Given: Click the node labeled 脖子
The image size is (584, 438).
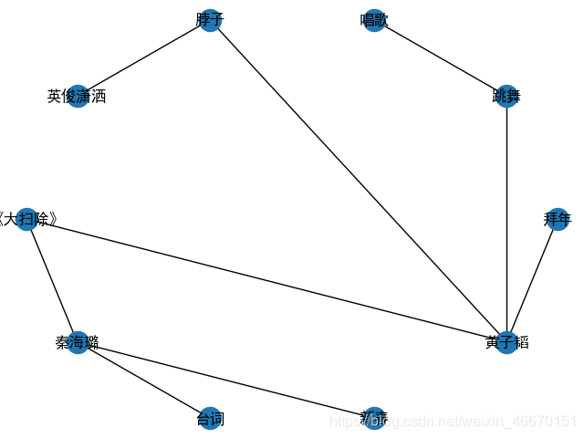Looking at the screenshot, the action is point(210,20).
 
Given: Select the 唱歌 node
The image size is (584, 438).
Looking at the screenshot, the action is point(374,20).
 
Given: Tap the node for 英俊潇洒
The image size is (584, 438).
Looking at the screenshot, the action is point(78,96).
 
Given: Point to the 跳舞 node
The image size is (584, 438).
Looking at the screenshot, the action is point(506,96).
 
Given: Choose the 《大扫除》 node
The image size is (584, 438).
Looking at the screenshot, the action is point(27,219).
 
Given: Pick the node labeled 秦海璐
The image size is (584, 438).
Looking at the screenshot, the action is point(78,343).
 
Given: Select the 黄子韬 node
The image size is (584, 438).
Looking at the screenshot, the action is point(506,343).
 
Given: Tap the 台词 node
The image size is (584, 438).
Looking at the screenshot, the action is point(210,419).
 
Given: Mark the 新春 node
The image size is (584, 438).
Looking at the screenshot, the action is point(374,419).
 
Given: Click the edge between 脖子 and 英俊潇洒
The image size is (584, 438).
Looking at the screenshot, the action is point(144,57).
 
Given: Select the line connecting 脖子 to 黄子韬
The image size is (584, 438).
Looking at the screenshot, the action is point(358,182).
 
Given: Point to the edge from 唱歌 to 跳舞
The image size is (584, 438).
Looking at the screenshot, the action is point(440,57).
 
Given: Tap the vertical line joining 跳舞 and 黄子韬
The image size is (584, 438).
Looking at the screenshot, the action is point(506,219).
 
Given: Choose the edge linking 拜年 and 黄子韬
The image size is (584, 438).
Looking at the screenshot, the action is point(532,281).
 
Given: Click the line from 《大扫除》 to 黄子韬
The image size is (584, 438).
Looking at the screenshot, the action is point(266,281).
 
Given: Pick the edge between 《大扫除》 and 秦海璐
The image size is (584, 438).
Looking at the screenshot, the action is point(53,281).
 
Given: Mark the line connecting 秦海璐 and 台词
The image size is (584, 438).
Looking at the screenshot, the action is point(144,381).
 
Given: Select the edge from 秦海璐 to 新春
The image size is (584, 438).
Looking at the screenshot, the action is point(226,381).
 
